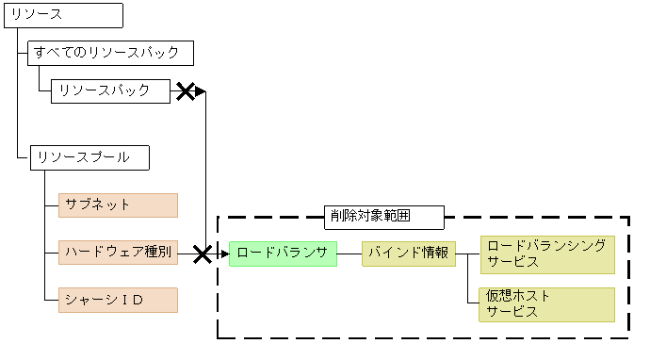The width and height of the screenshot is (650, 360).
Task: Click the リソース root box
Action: pos(64,15)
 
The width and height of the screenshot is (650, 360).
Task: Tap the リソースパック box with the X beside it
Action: pos(110,90)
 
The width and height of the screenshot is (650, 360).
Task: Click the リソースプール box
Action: pos(90,157)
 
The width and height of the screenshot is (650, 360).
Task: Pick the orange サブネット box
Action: pos(118,205)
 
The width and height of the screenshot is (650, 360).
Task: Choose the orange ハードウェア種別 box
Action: pos(118,253)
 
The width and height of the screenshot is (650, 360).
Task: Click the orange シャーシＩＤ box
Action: pos(118,301)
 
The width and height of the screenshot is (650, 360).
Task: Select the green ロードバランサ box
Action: pos(283,253)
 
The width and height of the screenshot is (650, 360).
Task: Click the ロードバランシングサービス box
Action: pos(546,254)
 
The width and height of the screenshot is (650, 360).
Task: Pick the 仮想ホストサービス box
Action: pos(546,304)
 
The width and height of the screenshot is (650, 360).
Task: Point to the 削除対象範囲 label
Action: pos(384,216)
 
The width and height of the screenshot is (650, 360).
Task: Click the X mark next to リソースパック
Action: pos(187,91)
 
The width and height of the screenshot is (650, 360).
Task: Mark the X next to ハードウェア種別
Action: pos(202,254)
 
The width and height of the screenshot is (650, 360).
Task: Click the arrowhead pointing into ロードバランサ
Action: pos(224,254)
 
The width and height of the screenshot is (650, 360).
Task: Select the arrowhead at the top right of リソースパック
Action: pos(201,91)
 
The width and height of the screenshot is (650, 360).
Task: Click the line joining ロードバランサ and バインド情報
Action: pos(349,254)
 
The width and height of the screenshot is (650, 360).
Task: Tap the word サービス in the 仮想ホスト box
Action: pos(512,312)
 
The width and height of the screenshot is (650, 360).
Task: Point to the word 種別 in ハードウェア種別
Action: pos(158,253)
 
